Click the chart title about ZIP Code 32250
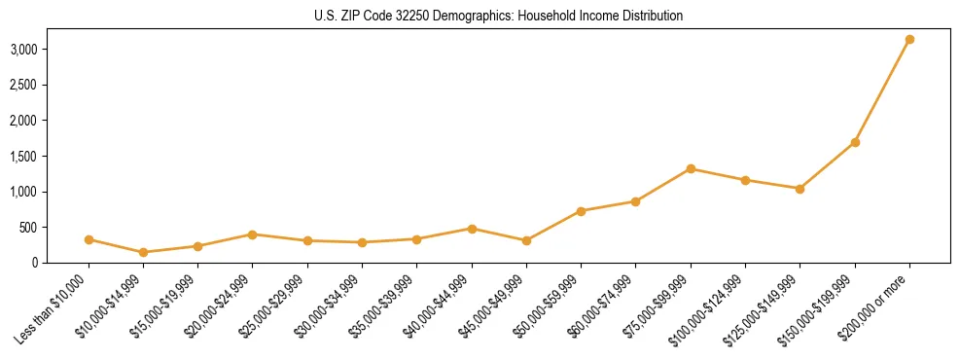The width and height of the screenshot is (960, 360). tap(498, 17)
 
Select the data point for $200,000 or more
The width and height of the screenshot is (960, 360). tap(909, 40)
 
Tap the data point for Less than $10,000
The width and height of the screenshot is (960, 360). tap(89, 239)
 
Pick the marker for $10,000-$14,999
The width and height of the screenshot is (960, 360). tap(144, 252)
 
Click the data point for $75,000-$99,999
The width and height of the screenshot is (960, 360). tap(691, 168)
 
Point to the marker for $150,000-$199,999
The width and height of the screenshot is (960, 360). tap(855, 142)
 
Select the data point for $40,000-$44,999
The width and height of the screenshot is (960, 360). tap(472, 229)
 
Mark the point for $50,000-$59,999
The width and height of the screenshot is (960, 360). tap(581, 211)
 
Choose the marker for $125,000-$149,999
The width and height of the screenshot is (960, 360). tap(800, 189)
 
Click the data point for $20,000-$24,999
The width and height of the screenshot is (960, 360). tap(253, 234)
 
